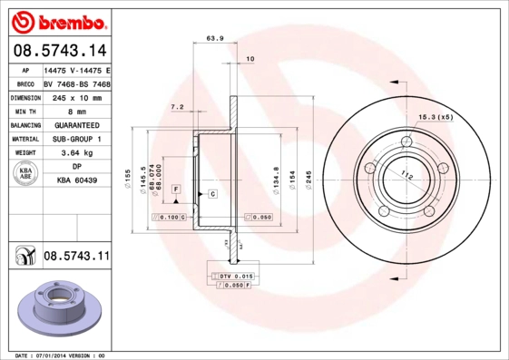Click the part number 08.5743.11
pos(76,257)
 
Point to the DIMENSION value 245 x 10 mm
pos(78,96)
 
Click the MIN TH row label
pos(24,111)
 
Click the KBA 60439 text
pos(77,181)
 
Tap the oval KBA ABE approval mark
pos(24,175)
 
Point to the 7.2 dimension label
pos(178,107)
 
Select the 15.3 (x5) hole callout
pos(435,117)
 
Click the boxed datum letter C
pos(211,194)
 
